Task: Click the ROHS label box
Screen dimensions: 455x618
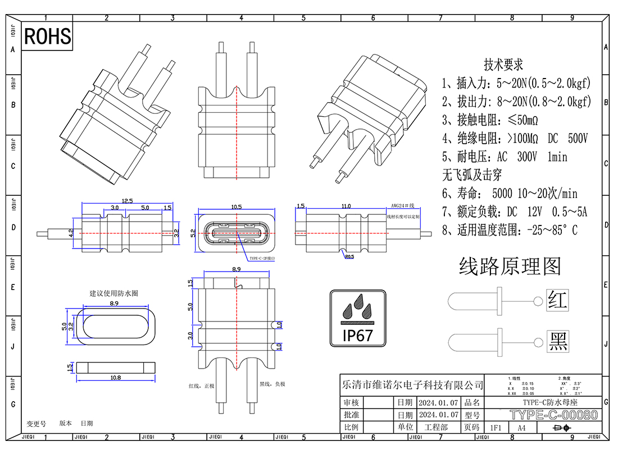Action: pyautogui.click(x=48, y=36)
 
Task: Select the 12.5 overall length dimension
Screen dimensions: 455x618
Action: pyautogui.click(x=127, y=201)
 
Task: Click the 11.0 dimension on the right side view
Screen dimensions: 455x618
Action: pyautogui.click(x=346, y=206)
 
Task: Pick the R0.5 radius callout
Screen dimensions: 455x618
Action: pyautogui.click(x=349, y=258)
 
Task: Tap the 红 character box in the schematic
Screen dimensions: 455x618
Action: pyautogui.click(x=557, y=300)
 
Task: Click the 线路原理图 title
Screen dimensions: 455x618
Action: pyautogui.click(x=510, y=266)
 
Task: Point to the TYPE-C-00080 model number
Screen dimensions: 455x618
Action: pyautogui.click(x=553, y=415)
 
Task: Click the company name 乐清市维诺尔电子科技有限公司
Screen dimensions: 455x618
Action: pyautogui.click(x=412, y=385)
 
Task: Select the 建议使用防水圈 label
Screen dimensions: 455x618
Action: pyautogui.click(x=114, y=293)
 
